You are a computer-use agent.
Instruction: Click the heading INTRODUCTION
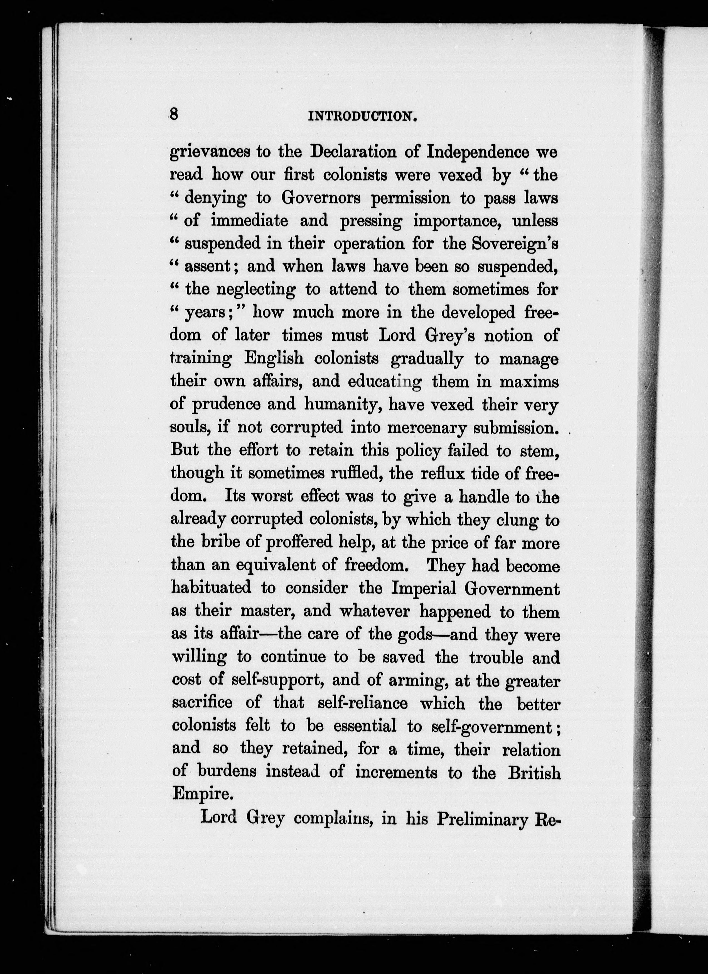point(363,116)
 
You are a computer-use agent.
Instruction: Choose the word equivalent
point(281,566)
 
